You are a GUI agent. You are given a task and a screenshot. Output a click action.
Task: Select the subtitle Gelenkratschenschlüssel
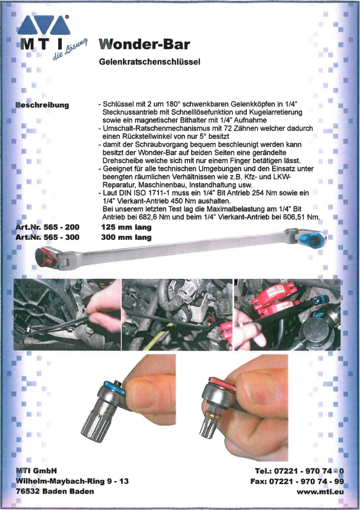point(149,62)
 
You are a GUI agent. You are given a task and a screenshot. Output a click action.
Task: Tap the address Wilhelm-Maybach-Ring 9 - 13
point(72,481)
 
